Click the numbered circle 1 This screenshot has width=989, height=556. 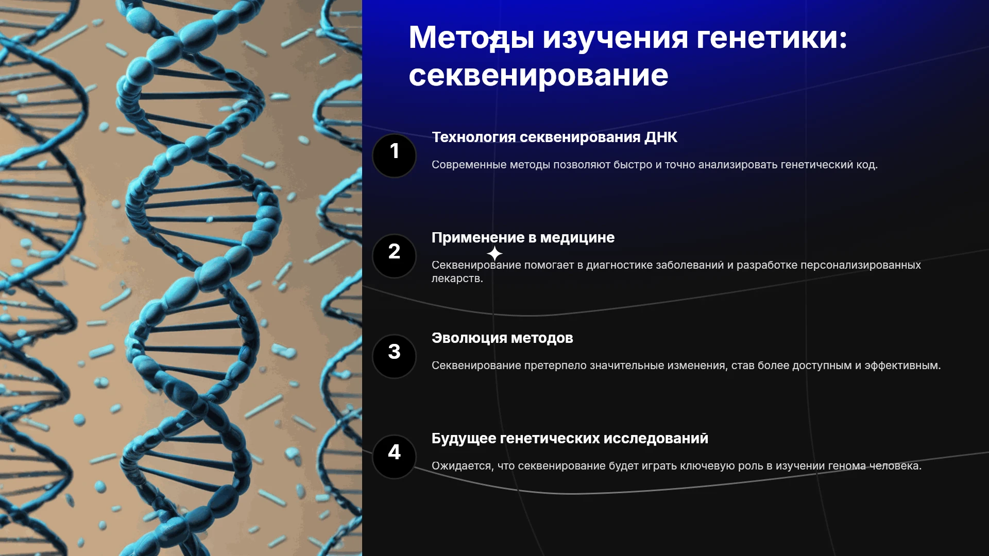pos(394,155)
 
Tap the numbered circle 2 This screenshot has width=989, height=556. pos(394,256)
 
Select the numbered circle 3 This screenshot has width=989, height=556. pos(394,356)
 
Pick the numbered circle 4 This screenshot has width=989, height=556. pos(394,457)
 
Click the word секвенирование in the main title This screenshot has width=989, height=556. pos(538,76)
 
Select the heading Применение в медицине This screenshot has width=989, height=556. pos(523,237)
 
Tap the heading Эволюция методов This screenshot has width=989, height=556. pos(502,338)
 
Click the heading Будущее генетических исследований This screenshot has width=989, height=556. pos(570,439)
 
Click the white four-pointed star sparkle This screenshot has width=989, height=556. pos(494,253)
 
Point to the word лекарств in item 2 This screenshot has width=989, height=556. pos(457,279)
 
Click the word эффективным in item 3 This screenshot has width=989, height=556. pos(902,366)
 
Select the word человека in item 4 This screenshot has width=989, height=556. pos(895,466)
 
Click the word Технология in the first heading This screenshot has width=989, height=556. pos(473,137)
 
